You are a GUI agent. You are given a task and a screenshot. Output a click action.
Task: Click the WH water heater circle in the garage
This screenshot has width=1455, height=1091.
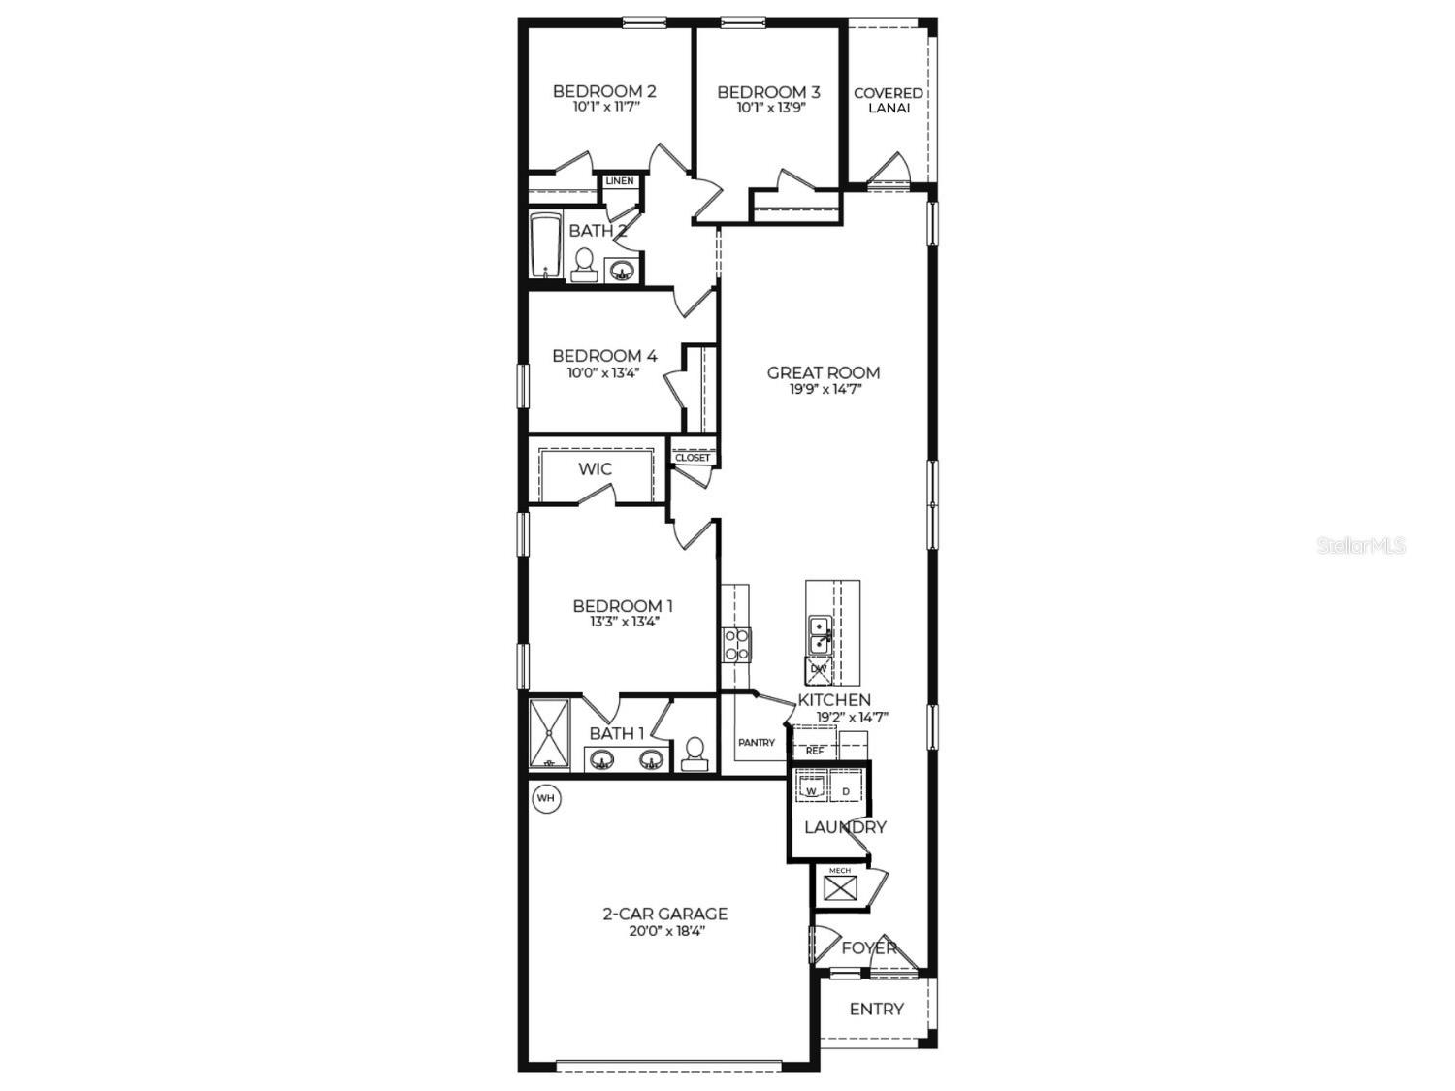pos(546,799)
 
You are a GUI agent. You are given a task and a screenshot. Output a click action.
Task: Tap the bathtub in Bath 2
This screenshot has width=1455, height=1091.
pos(546,246)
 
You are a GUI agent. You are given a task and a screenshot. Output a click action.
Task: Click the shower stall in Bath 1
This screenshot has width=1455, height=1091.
pos(552,734)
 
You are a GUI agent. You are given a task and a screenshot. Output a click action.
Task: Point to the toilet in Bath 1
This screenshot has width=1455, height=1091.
pos(695,754)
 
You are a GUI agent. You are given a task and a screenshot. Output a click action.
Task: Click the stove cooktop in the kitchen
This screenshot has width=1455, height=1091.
pos(736,645)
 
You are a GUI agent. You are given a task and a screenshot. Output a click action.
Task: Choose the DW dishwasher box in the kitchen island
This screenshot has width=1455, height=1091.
pos(819,669)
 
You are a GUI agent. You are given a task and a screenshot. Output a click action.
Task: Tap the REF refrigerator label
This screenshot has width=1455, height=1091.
pos(815,751)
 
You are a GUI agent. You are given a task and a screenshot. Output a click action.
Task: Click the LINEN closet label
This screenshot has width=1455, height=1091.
pos(619,181)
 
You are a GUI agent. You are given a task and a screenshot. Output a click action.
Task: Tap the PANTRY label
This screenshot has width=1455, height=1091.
pos(756,743)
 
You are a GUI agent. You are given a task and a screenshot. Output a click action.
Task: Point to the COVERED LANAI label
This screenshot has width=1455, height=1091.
pos(888,100)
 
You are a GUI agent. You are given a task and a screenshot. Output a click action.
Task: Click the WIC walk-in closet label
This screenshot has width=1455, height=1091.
pos(595,469)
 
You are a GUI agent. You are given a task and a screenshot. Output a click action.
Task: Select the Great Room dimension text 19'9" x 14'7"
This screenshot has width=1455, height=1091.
pos(824,390)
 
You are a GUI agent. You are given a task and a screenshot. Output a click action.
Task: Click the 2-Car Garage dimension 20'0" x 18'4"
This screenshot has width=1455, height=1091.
pos(664,931)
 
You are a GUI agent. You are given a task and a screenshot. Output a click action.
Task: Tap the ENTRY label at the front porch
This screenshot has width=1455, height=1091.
pos(876,1010)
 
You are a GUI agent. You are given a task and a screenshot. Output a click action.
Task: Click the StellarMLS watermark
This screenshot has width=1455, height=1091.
pos(1361,546)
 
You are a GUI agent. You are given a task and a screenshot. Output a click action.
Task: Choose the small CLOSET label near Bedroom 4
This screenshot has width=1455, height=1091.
pos(692,458)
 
